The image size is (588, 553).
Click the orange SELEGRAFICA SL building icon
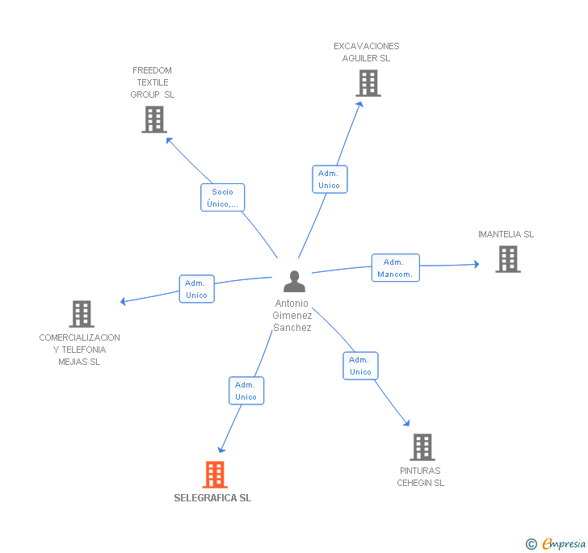pyautogui.click(x=215, y=474)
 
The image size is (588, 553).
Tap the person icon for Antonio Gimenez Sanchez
pyautogui.click(x=294, y=281)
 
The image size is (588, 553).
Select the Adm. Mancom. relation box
pyautogui.click(x=396, y=268)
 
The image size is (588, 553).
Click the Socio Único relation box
pyautogui.click(x=222, y=198)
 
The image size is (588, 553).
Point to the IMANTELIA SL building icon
pyautogui.click(x=508, y=259)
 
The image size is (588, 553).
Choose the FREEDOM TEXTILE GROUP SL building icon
pyautogui.click(x=154, y=119)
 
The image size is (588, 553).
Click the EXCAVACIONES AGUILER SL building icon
pyautogui.click(x=368, y=83)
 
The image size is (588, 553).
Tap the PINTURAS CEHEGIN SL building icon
pyautogui.click(x=422, y=447)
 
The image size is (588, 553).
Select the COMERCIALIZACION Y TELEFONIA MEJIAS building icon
pyautogui.click(x=82, y=314)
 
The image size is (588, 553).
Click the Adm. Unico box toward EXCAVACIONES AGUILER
pyautogui.click(x=330, y=179)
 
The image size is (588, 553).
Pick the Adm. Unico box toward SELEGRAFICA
pyautogui.click(x=246, y=391)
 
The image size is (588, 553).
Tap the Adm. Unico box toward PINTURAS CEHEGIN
pyautogui.click(x=361, y=366)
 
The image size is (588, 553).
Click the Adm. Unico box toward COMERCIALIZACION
pyautogui.click(x=197, y=289)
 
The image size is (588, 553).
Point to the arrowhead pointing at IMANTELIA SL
pyautogui.click(x=477, y=264)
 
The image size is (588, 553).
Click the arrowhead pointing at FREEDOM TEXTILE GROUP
pyautogui.click(x=169, y=140)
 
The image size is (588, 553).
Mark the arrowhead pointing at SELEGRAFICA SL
pyautogui.click(x=221, y=450)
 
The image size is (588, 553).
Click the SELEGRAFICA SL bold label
pyautogui.click(x=212, y=498)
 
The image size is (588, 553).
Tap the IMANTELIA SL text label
pyautogui.click(x=506, y=234)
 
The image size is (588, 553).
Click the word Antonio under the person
pyautogui.click(x=292, y=304)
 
